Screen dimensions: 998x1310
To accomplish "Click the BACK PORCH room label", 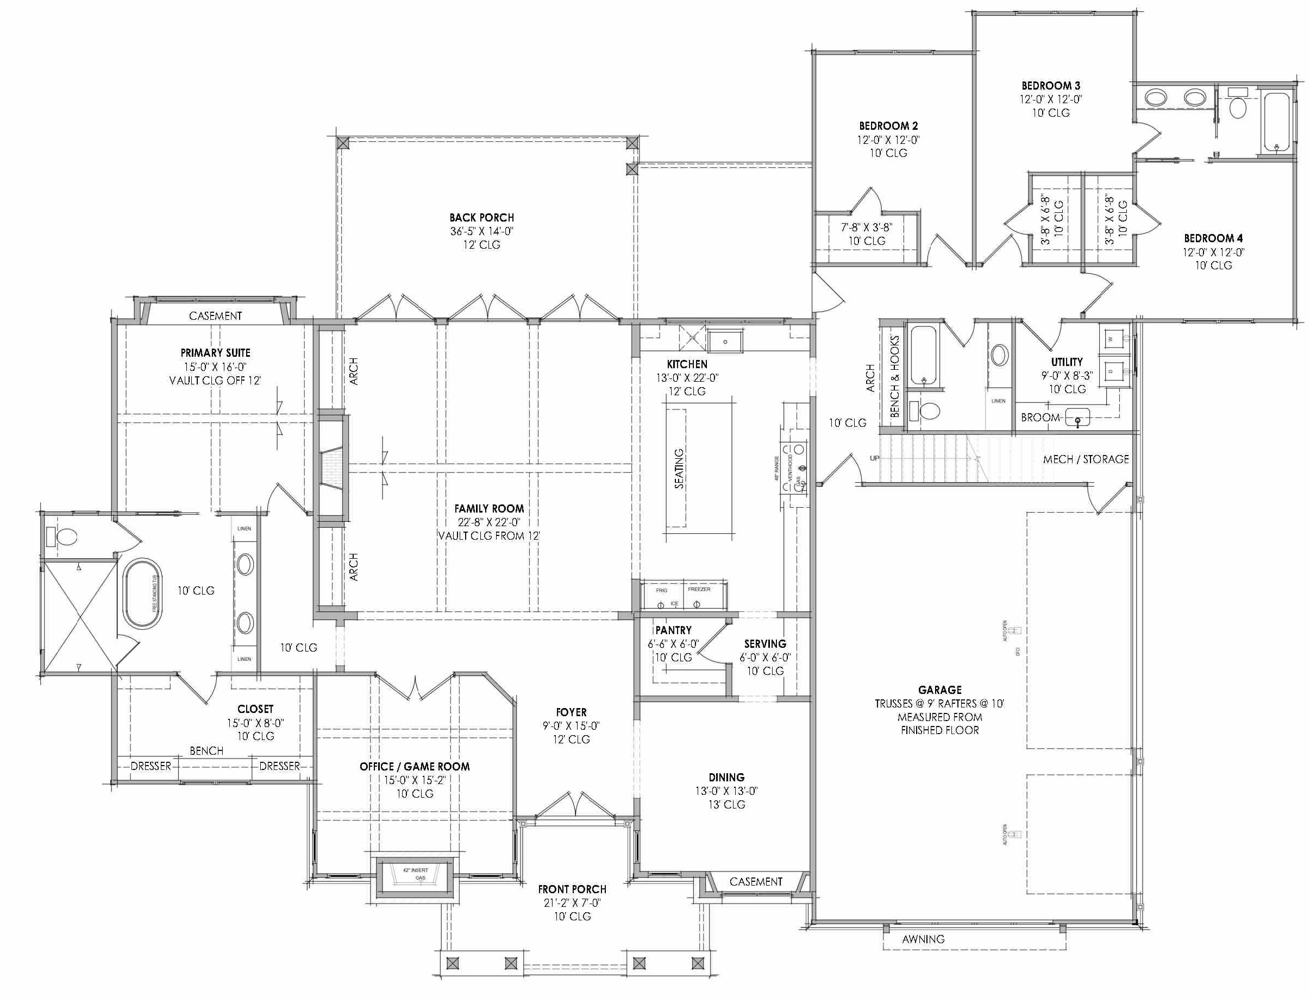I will point(481,217).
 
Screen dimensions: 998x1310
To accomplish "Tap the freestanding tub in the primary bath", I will point(141,593).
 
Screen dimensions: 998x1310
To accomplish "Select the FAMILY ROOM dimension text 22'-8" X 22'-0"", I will point(488,522).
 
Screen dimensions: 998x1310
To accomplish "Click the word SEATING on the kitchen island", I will point(679,469).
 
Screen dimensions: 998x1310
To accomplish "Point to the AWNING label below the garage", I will point(923,939).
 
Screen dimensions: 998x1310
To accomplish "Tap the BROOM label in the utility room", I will point(1040,418).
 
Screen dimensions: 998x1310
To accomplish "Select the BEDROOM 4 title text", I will point(1213,238).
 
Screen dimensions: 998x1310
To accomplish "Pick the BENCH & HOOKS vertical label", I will point(894,377).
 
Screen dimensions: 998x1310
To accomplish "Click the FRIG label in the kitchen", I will point(662,590).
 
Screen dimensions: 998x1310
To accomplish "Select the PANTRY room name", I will point(673,630).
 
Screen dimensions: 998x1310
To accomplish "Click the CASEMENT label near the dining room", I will point(755,882).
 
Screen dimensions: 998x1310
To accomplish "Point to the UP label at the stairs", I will point(874,458).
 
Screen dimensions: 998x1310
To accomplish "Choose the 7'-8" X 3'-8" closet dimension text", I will point(866,228).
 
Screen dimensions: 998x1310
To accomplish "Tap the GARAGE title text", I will point(939,690).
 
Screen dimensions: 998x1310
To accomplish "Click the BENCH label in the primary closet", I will point(206,751).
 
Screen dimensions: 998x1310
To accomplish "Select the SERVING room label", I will point(765,644).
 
